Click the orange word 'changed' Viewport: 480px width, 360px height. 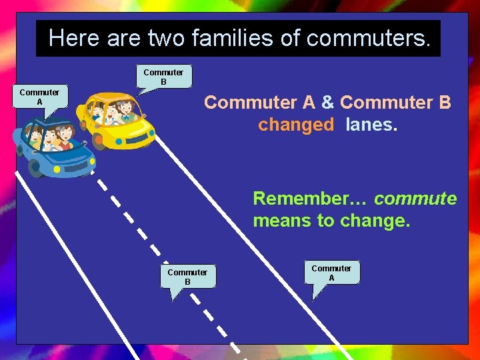[x=296, y=125]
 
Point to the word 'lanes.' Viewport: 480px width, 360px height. [x=371, y=125]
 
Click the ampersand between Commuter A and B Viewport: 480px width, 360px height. [x=327, y=103]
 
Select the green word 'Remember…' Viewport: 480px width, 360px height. [x=311, y=199]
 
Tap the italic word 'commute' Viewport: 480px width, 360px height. [x=415, y=199]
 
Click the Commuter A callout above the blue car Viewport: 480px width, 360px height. [x=39, y=97]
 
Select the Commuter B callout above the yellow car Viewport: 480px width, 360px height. [x=163, y=77]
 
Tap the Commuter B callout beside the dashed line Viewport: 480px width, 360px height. [x=187, y=277]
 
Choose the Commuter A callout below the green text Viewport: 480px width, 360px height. [x=331, y=273]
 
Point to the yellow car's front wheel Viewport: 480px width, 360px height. [x=98, y=141]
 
